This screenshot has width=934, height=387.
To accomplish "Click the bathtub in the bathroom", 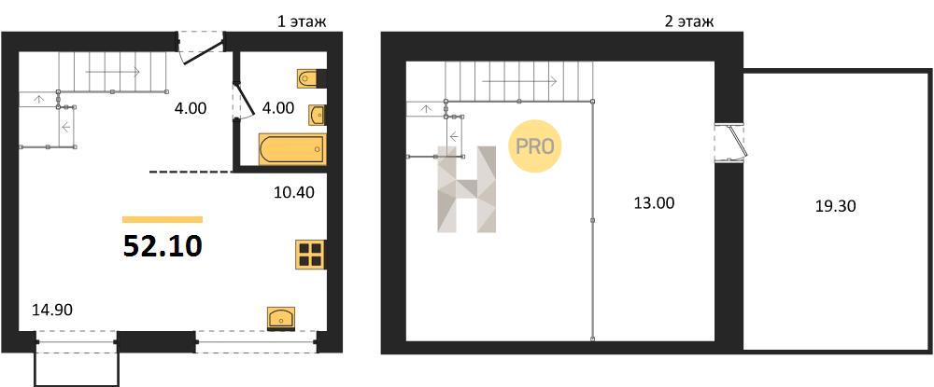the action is (x=292, y=148).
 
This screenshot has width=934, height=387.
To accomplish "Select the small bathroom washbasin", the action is (x=318, y=115).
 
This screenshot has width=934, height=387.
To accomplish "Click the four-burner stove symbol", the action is (x=310, y=255).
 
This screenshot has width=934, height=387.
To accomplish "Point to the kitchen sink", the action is (x=280, y=318).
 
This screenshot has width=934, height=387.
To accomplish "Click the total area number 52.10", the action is (x=163, y=246).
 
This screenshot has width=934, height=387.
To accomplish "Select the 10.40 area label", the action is (x=293, y=192).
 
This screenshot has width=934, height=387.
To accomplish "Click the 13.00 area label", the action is (x=654, y=202).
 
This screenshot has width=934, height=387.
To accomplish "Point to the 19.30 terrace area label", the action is (x=835, y=206).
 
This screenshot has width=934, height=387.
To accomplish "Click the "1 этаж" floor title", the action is (x=302, y=22).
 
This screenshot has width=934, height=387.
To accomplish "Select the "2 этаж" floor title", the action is (x=689, y=22).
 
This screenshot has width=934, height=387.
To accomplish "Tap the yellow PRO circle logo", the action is (x=535, y=146).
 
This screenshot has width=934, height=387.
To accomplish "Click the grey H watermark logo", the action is (x=467, y=188).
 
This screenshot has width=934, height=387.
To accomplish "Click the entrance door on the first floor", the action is (x=202, y=48).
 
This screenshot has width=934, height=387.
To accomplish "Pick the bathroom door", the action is (x=244, y=100).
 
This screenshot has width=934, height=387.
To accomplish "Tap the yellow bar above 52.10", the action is (x=163, y=219).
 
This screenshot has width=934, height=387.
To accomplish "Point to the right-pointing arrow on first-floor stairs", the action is (x=113, y=72).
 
